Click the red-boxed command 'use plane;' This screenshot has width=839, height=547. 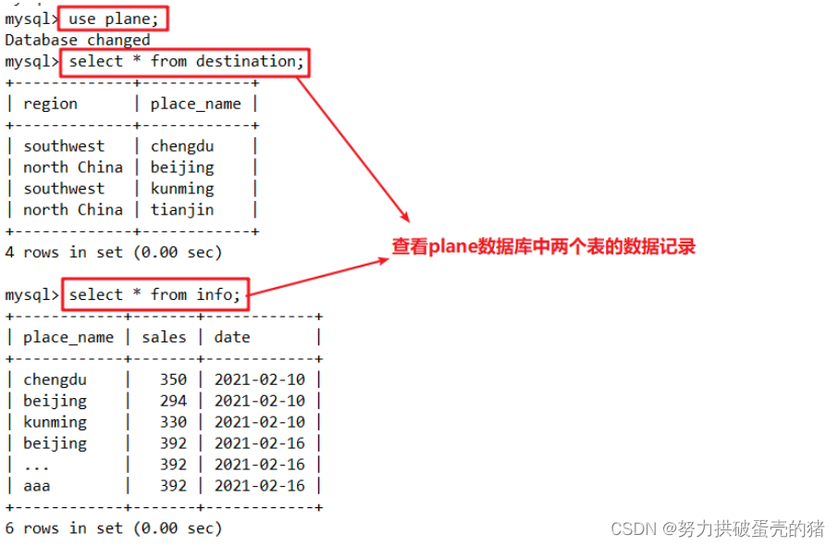pos(115,19)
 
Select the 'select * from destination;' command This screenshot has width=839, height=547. pos(185,62)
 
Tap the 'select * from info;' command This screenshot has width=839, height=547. pos(154,295)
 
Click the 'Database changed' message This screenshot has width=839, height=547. pos(78,40)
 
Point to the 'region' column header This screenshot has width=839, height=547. pos(51,104)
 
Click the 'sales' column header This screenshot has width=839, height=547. pos(164,337)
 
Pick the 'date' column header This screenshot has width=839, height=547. pos(232,337)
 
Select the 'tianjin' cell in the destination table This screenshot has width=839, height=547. pos(182,210)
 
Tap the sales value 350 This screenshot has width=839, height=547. pos(173,379)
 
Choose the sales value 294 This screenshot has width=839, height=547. pos(173,401)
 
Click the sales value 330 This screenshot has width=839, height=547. pos(173,422)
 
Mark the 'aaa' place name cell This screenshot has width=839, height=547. pos(38,486)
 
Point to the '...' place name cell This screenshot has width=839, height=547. pos(38,465)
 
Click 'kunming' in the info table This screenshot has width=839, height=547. pos(56,422)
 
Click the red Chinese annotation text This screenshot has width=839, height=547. pos(543,247)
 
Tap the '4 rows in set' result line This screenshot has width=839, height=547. pos(114,252)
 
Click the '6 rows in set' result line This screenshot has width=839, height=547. pos(114,528)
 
